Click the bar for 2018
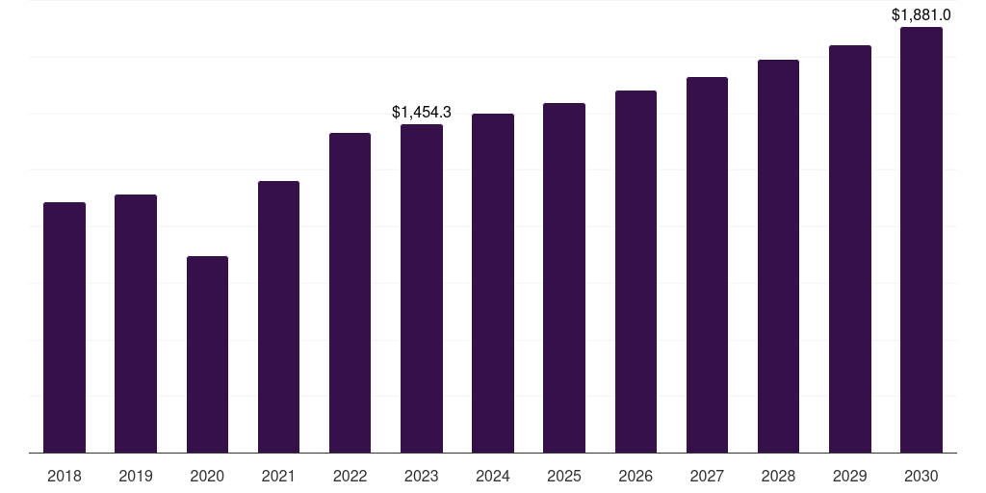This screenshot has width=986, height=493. (65, 327)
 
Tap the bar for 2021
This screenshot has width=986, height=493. (278, 317)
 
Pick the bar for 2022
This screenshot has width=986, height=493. (350, 293)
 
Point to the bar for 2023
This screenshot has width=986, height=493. (422, 289)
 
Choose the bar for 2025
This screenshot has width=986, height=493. (564, 278)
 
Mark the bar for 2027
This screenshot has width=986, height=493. (707, 265)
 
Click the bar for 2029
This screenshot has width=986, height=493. (850, 249)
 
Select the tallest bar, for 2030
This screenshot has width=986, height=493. (921, 240)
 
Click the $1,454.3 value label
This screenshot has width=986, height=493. (422, 113)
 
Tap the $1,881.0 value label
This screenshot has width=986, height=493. (921, 14)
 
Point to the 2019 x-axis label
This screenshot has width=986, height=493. (136, 476)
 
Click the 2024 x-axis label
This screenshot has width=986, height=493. (493, 476)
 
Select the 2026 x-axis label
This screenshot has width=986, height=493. (636, 476)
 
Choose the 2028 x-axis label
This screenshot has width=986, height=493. (778, 476)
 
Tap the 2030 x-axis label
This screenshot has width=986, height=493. (921, 476)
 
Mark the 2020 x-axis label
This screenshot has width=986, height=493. (207, 476)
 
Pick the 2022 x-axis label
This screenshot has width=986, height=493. (350, 476)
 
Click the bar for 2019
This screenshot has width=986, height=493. (136, 324)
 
